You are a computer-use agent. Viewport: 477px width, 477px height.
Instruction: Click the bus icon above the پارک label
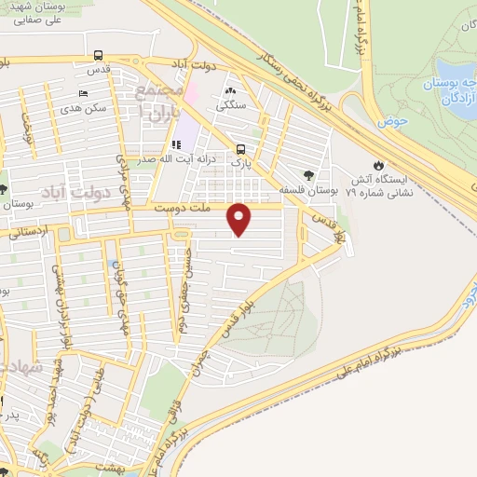(x=241, y=149)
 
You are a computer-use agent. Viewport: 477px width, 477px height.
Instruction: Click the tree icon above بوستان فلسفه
(x=307, y=173)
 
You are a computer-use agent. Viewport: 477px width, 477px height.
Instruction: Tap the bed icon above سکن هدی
(x=84, y=94)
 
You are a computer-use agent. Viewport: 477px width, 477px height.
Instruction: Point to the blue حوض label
(x=390, y=121)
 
